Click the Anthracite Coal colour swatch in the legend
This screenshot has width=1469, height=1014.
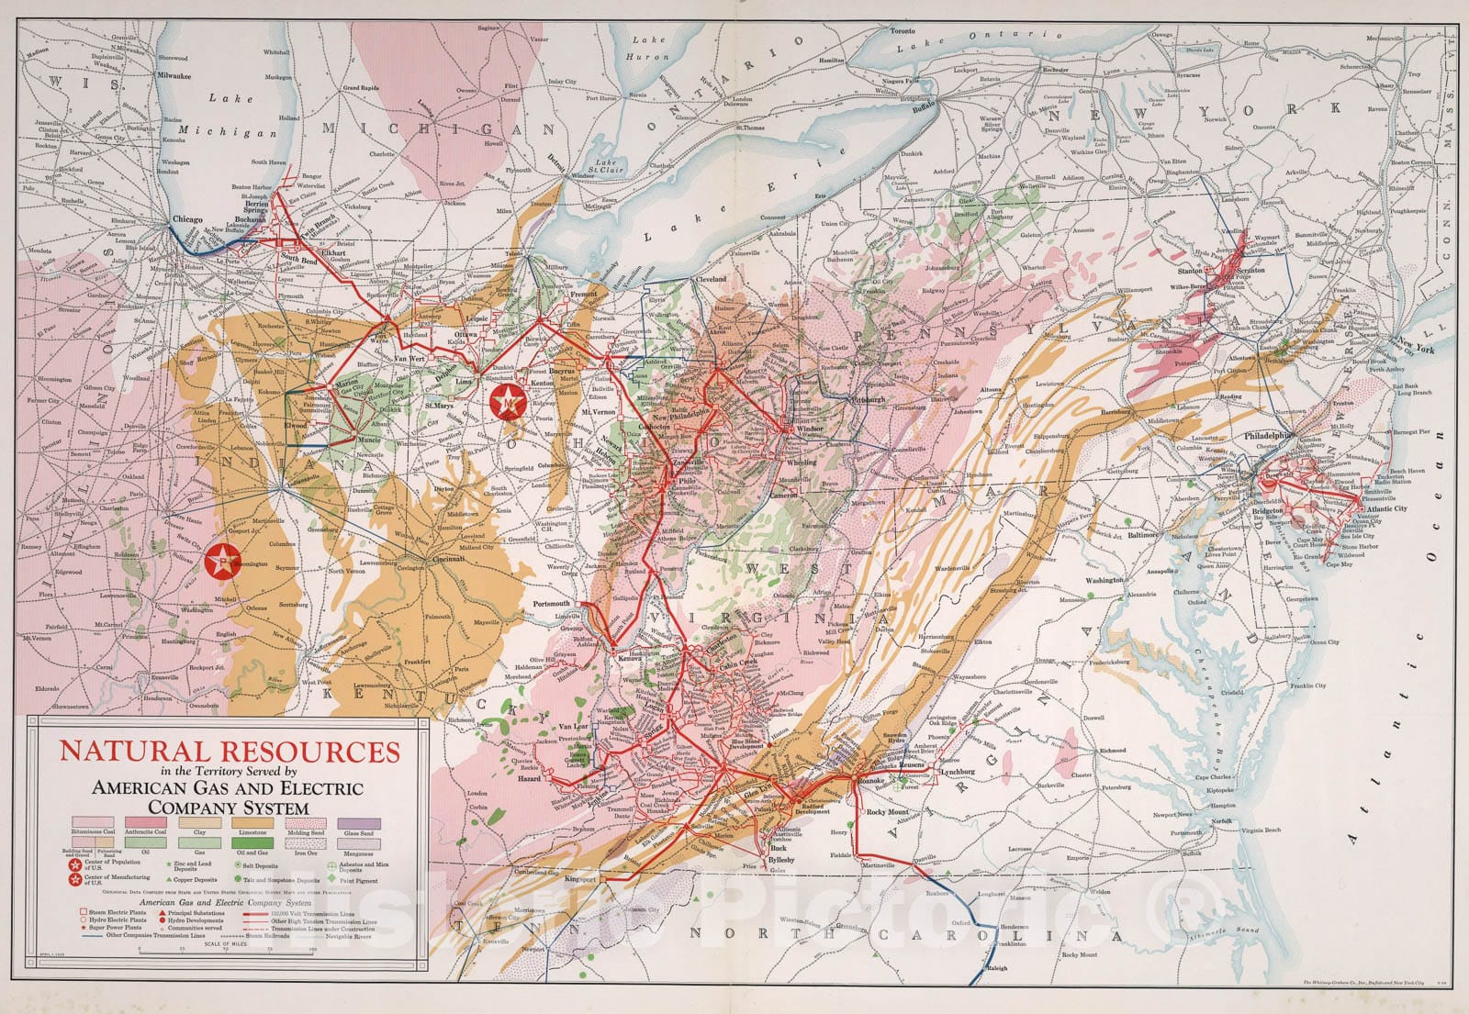click(146, 822)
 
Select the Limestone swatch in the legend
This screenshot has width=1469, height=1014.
click(252, 822)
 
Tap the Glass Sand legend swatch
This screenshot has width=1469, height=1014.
click(359, 822)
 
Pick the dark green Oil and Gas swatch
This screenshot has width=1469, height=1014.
click(252, 841)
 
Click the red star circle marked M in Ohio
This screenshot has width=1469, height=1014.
click(507, 401)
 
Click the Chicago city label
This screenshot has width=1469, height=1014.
click(188, 220)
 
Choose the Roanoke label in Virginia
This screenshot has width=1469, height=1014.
click(869, 780)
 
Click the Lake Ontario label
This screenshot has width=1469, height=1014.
click(978, 39)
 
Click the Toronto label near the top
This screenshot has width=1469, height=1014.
click(904, 30)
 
